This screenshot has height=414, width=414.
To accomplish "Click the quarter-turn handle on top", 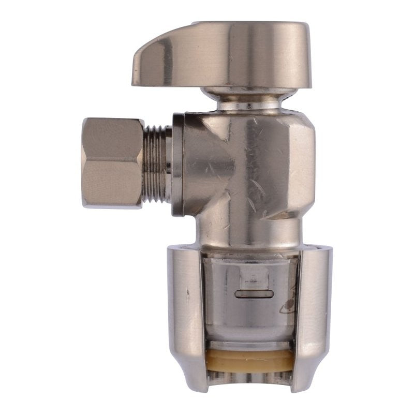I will (228, 54).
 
